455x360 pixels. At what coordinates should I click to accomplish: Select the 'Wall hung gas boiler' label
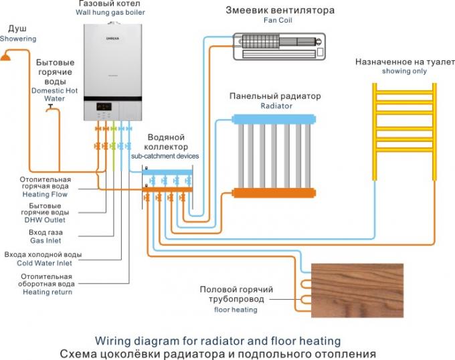click(110, 13)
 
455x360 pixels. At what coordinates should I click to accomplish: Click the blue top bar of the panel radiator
click(274, 118)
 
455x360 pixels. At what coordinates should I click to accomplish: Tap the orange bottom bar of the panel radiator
click(274, 193)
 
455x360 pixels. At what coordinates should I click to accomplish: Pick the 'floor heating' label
click(236, 310)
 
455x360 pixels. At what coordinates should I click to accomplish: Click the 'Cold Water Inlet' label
click(46, 263)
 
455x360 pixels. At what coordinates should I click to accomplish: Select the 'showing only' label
click(403, 71)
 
